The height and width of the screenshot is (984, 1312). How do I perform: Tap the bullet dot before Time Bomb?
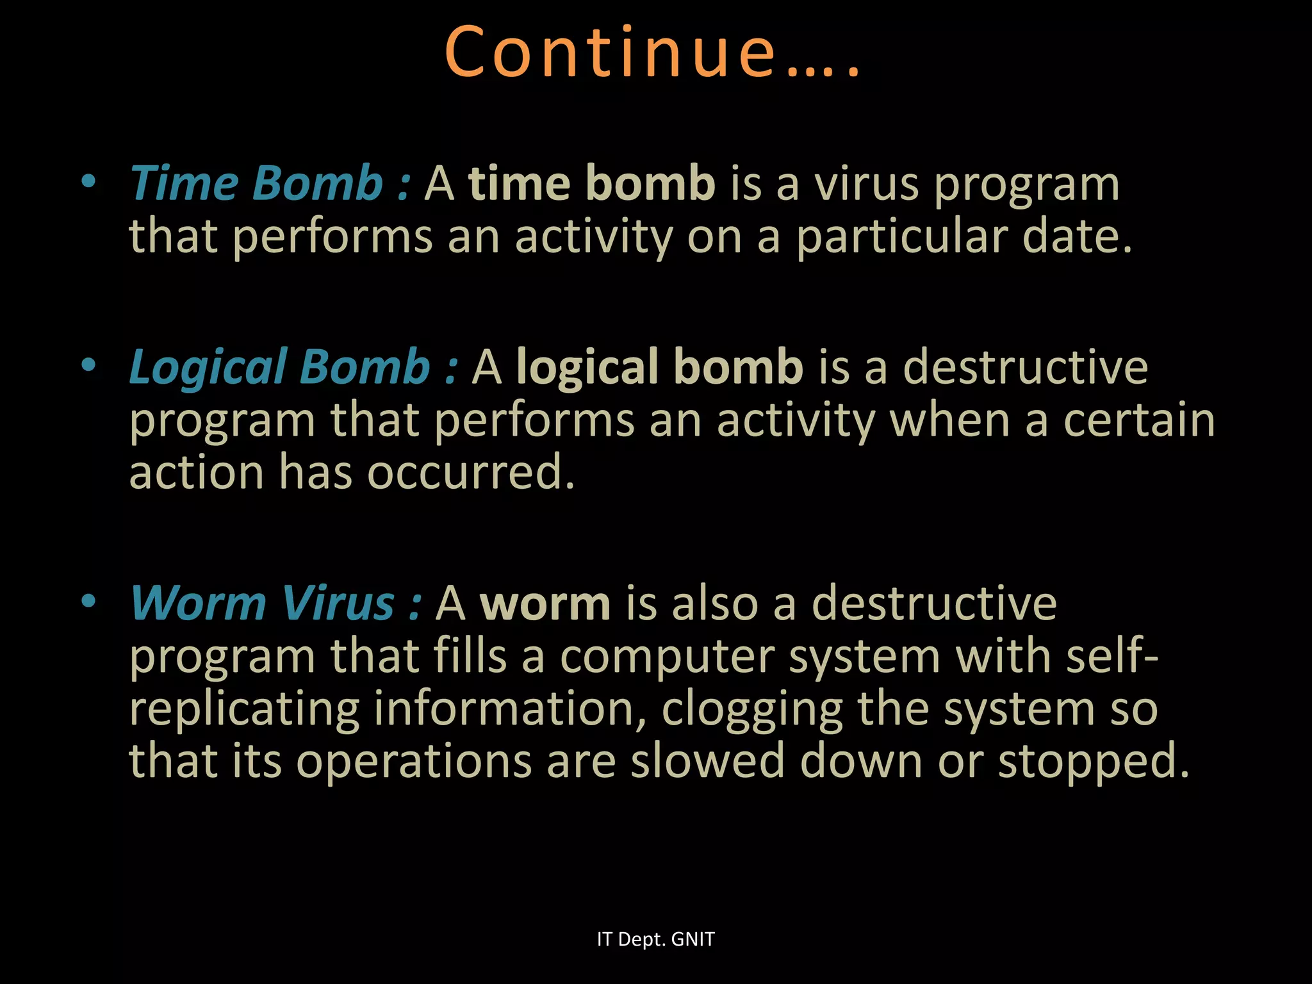tap(88, 182)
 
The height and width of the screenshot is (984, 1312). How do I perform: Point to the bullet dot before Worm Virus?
tap(88, 602)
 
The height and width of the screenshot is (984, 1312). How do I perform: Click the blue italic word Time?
tap(183, 183)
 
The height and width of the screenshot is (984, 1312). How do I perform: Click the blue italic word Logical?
tap(208, 367)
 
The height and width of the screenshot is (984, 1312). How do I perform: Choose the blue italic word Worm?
tap(198, 603)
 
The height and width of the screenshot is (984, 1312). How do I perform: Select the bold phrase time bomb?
tap(591, 183)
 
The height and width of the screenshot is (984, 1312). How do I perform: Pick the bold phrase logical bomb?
tap(659, 367)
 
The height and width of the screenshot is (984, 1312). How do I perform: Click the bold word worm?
tap(545, 604)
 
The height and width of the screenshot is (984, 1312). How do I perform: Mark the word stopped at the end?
tap(1093, 762)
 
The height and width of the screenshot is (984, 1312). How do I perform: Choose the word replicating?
tap(244, 709)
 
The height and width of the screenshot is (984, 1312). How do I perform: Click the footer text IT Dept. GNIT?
tap(655, 939)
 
